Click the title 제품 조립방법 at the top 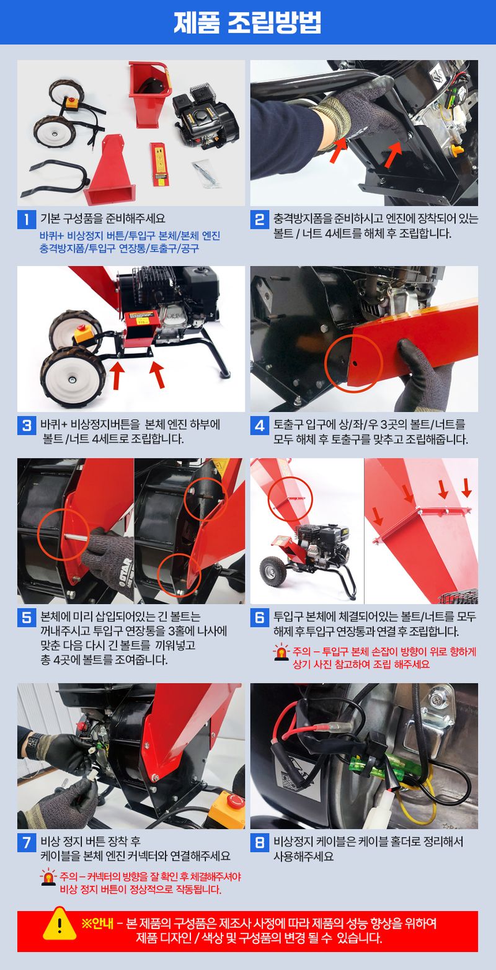[x=248, y=23]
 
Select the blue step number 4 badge [x=259, y=426]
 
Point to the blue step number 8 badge [x=259, y=843]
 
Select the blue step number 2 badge [x=259, y=219]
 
